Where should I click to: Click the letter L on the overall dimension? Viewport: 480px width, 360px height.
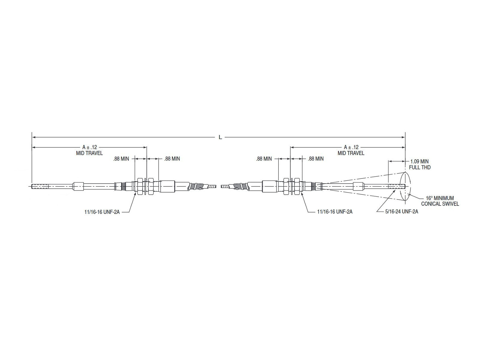tap(220, 137)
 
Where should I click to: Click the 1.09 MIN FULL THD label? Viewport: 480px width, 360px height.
tap(419, 164)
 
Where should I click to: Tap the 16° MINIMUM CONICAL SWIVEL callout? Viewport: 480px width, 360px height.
tap(440, 201)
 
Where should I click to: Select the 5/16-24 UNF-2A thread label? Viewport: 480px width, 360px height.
tap(401, 211)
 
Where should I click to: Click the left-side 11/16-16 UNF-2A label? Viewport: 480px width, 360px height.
tap(102, 211)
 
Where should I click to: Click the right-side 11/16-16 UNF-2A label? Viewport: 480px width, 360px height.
tap(335, 211)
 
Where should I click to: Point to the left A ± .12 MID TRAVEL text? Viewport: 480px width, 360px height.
tap(89, 150)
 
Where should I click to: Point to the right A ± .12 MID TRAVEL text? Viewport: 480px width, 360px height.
tap(351, 150)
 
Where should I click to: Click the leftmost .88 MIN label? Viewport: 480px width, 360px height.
tap(121, 159)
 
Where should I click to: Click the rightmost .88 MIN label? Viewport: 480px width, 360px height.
tap(316, 159)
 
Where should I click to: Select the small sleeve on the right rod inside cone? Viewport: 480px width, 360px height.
tap(358, 187)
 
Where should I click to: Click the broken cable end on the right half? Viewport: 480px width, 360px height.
tap(224, 187)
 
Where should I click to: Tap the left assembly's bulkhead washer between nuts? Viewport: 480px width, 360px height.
tap(145, 187)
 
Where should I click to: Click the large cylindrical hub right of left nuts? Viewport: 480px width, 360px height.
tap(167, 187)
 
